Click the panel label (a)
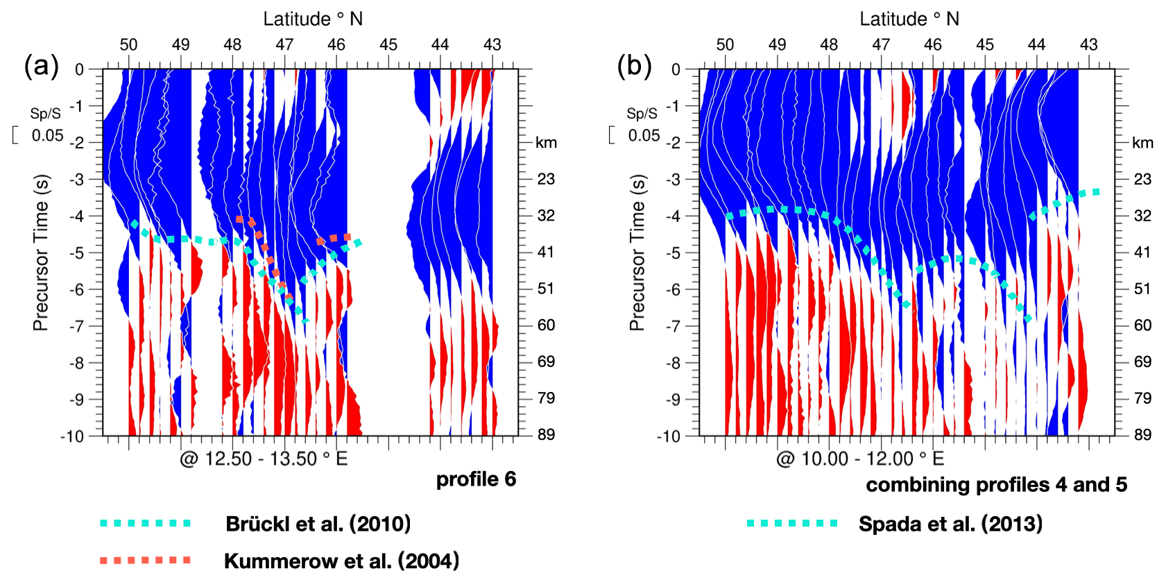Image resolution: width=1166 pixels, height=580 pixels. coord(42,67)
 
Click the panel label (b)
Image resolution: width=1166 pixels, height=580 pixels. coord(635,67)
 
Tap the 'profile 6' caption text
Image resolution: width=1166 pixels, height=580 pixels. coord(476,479)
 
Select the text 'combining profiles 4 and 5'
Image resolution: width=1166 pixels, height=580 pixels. coord(996,484)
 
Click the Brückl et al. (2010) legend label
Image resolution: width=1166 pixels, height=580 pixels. coord(318,524)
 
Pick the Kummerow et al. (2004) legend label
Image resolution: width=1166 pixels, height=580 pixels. coord(341,561)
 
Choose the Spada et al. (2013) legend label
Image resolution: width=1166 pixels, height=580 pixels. coord(950,524)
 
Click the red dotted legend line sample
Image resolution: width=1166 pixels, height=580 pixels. coord(145,560)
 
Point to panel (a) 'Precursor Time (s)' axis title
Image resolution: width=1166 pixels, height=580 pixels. coord(41,253)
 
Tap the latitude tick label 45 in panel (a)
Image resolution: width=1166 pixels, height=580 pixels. coord(388,45)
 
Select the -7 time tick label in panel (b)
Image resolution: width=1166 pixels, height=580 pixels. coord(674,326)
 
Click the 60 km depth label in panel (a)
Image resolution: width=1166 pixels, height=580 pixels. coord(546,325)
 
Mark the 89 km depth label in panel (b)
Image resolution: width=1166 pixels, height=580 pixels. coord(1142,435)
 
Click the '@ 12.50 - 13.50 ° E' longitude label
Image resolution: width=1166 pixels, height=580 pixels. coord(264,459)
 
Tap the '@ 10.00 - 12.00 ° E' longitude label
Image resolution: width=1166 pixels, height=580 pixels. coord(860,459)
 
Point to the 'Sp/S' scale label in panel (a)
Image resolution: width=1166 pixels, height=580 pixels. coord(45,114)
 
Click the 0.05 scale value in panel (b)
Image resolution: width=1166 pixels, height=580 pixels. coord(644,135)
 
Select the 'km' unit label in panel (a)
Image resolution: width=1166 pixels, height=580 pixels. coord(546,143)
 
